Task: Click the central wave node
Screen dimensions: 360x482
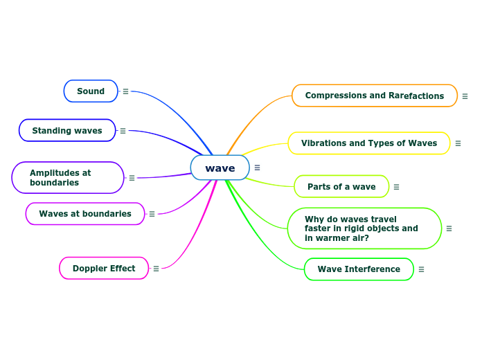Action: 220,168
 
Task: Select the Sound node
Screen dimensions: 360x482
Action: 91,91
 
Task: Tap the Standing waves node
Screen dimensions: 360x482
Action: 67,131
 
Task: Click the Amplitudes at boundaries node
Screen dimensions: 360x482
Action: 67,178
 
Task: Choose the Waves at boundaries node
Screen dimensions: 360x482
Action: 85,214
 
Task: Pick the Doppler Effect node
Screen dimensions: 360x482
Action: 104,269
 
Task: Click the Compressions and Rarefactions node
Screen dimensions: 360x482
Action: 374,96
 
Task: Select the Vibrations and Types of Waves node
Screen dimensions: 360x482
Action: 368,143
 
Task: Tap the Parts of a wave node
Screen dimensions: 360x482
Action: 341,187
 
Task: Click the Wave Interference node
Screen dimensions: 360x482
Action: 359,269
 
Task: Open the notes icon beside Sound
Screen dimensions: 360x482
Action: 125,91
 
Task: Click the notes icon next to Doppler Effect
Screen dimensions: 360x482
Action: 156,269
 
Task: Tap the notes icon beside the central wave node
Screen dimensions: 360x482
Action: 257,168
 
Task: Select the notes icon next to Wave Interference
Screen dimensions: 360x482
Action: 421,269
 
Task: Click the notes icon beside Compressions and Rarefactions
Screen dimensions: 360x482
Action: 465,96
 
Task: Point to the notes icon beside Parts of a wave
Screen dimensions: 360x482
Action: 396,187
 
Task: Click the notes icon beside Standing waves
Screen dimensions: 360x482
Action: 123,131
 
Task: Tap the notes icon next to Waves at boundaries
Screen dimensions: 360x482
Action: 152,214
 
